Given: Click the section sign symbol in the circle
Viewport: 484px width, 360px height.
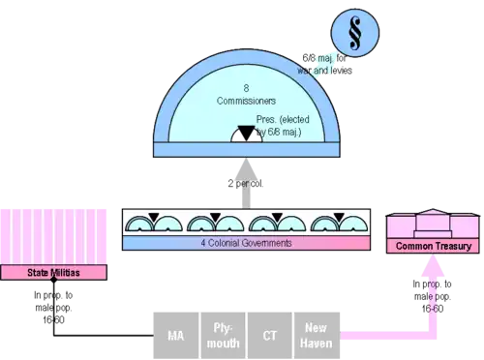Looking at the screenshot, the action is click(355, 33).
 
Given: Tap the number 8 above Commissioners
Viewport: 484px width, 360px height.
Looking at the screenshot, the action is click(246, 88).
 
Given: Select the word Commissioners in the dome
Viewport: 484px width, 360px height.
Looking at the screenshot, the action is click(246, 101).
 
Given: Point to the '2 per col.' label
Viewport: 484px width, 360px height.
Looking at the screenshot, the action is click(246, 184).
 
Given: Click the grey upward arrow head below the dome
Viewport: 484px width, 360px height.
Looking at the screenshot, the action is click(246, 168).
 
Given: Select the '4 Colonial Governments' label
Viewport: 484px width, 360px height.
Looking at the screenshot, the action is click(246, 243).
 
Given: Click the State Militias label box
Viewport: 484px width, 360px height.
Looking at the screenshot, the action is click(53, 273).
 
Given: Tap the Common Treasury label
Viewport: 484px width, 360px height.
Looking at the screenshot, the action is click(433, 246).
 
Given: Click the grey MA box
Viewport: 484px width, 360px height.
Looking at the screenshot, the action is click(176, 336).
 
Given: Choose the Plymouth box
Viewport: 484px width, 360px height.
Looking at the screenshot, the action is click(223, 336).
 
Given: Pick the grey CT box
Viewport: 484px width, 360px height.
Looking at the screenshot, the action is click(270, 336).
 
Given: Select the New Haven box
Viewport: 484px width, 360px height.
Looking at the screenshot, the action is click(317, 336).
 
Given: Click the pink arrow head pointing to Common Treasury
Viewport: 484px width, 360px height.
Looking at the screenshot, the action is click(433, 265).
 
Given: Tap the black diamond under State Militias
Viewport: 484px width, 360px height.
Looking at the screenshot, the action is click(54, 280).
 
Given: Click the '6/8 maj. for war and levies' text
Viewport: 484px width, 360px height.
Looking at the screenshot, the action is click(324, 64).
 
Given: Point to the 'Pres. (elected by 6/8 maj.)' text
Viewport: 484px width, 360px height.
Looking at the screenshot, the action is click(283, 126).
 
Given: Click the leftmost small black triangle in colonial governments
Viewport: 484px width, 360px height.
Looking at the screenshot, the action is click(154, 217).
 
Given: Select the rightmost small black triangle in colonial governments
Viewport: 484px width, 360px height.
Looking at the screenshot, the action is click(339, 217).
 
